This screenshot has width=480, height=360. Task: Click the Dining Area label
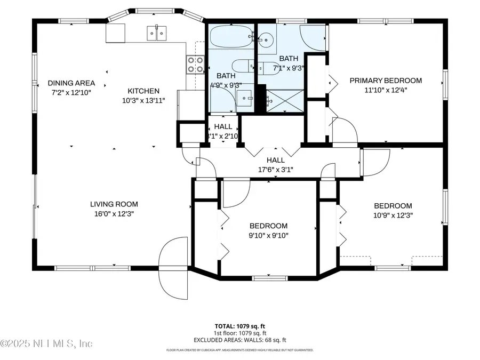coord(71,83)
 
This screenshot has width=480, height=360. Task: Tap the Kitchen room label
coord(143,91)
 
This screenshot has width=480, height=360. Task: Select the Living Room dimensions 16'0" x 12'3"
coord(114,213)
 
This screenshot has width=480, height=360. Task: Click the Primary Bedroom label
coord(385,81)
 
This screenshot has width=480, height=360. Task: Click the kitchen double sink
coord(156,34)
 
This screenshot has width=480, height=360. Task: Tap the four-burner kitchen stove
coord(195,65)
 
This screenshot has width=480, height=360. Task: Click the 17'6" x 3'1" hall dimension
coord(275,170)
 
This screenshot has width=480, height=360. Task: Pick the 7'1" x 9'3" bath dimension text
coord(289,68)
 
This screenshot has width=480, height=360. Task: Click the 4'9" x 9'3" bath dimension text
coord(226,85)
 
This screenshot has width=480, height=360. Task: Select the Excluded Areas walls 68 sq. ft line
coord(239,340)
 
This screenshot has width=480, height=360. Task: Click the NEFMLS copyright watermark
coord(47,343)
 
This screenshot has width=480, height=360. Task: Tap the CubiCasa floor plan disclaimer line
coord(239,350)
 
